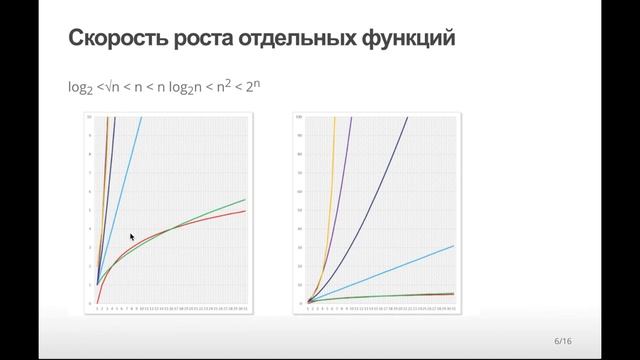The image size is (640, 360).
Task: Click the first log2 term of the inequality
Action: pos(79,88)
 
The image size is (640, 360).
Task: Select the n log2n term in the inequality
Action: pos(182,88)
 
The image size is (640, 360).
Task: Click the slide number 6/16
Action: pos(563,342)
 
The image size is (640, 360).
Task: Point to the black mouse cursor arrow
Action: pos(132,238)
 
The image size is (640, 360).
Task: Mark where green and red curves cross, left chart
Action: pos(172,230)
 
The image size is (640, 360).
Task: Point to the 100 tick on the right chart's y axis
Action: pos(301,118)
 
